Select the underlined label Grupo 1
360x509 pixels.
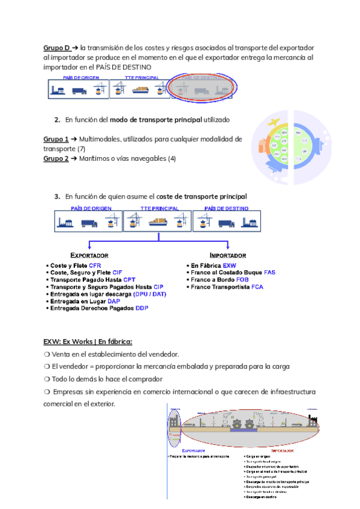coord(55,139)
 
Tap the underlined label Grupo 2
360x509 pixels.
coord(55,158)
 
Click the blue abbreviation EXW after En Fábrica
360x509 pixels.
coord(229,265)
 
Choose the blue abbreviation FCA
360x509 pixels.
coord(257,287)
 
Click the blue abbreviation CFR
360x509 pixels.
coord(95,265)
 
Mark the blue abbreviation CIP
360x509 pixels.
coord(158,287)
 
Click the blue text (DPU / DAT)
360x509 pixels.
coord(151,294)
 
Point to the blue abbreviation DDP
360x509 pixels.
coord(141,308)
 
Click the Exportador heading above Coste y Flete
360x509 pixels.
coord(89,254)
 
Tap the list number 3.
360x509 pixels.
coord(56,196)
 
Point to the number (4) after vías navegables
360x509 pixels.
coord(173,158)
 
